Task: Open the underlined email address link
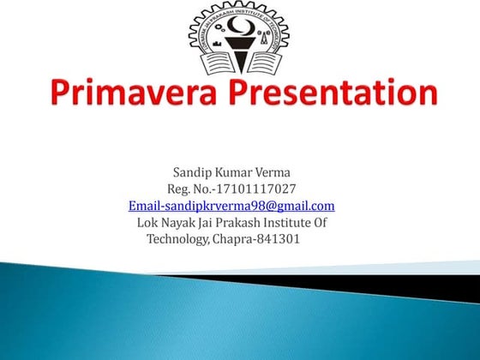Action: pyautogui.click(x=231, y=207)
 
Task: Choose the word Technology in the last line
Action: pyautogui.click(x=177, y=239)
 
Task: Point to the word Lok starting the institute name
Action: pyautogui.click(x=147, y=223)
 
